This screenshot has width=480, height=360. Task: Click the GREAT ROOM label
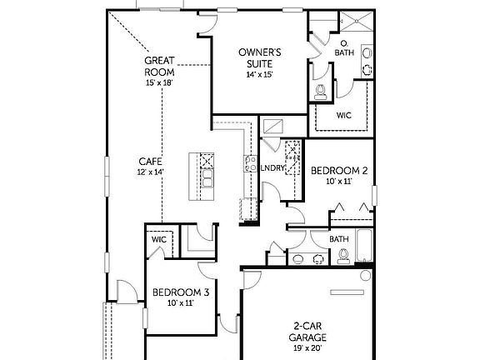tap(159, 66)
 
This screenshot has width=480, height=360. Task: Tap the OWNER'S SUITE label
tap(260, 58)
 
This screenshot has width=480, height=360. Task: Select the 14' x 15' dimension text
tap(260, 75)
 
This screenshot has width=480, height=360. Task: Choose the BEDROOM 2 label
tap(339, 170)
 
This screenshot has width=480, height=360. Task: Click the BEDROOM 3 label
tap(180, 292)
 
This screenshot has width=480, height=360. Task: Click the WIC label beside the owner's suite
tap(343, 116)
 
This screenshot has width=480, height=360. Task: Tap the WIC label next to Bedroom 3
tap(158, 240)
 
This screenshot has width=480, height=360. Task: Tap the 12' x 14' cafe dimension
tap(150, 172)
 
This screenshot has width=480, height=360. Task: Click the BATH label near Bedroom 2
tap(338, 239)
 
